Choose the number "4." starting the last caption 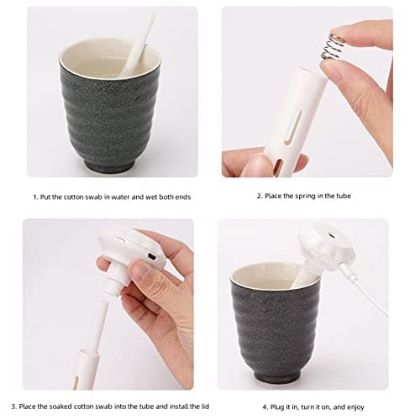(265, 407)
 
